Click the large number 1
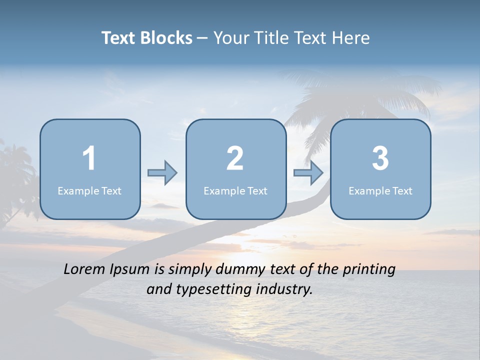coord(89,158)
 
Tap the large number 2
coord(235,158)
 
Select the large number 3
coord(380,158)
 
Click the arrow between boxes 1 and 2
coord(162,173)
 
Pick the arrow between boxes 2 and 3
coord(308,173)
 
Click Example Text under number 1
coord(89,190)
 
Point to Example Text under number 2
coord(235,190)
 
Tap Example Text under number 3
coord(380,190)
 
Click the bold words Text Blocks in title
coord(147,38)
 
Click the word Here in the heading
coord(352,38)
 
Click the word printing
coord(368,270)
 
